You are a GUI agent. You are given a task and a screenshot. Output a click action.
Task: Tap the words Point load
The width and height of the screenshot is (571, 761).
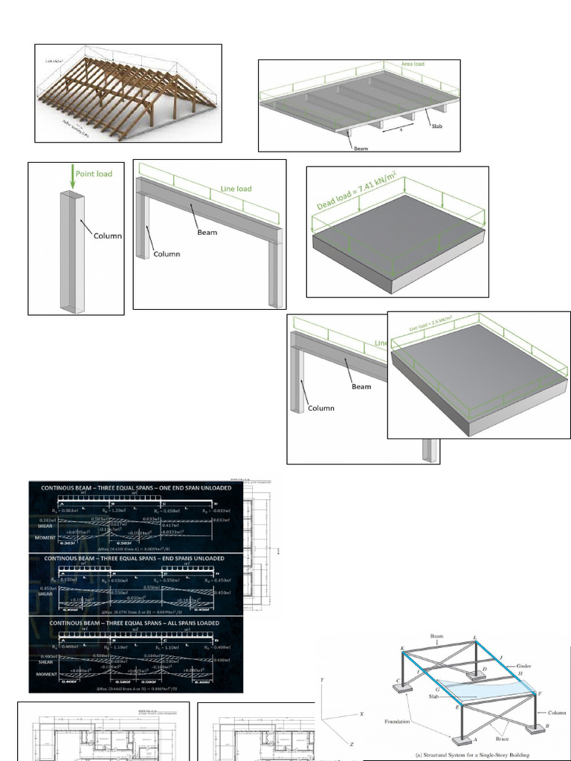[x=93, y=173]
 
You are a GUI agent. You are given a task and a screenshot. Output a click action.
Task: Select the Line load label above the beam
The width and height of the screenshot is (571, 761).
[x=236, y=189]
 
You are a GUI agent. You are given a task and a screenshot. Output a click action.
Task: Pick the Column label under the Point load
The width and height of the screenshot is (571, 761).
[x=108, y=236]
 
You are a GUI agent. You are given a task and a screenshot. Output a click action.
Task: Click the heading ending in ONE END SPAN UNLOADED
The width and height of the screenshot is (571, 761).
[x=135, y=488]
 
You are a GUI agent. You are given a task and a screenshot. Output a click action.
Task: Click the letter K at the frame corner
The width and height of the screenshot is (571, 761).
[x=402, y=649]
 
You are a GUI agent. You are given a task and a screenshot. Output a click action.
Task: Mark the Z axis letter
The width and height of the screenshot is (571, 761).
[x=351, y=743]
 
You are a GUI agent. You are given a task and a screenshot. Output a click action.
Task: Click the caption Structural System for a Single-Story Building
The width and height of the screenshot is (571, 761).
[x=465, y=756]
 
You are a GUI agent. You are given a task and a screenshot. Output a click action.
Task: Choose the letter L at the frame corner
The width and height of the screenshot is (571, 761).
[x=475, y=638]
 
